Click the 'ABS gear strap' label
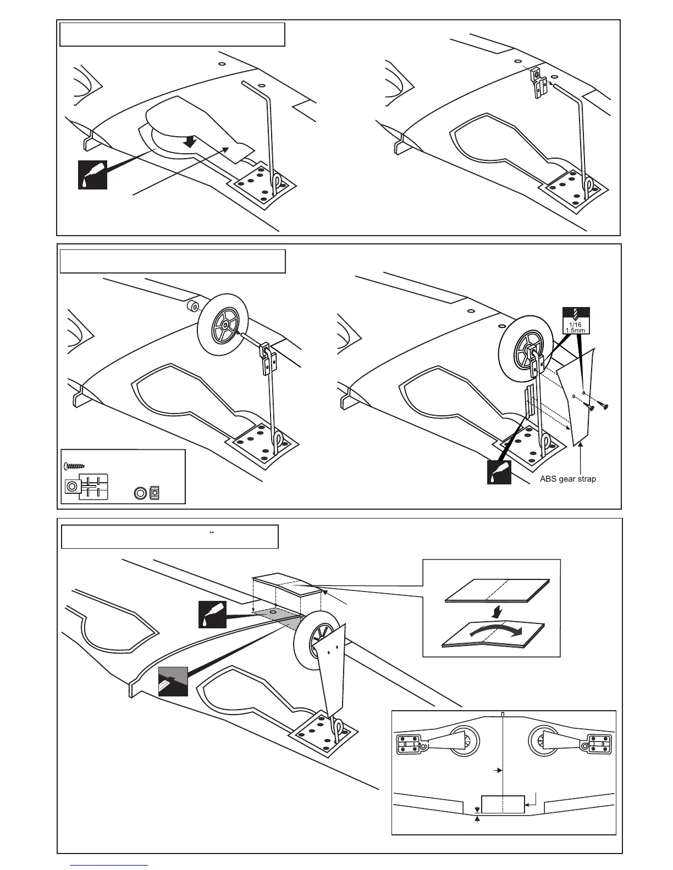click(567, 479)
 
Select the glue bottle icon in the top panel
click(92, 175)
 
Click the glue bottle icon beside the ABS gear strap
click(499, 472)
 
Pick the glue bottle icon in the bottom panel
click(212, 615)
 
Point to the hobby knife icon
click(173, 682)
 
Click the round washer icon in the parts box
click(140, 493)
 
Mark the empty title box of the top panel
click(172, 35)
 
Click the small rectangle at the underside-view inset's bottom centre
click(503, 804)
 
